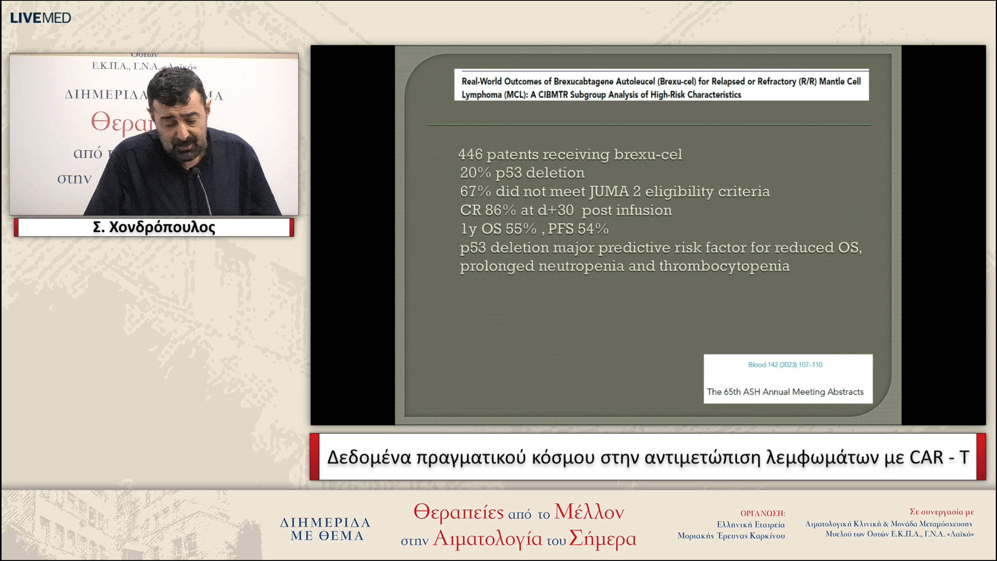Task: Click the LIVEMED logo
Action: [x=41, y=18]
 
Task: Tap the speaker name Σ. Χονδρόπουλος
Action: [x=154, y=227]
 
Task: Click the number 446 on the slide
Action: [x=470, y=155]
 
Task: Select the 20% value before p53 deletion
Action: [x=475, y=173]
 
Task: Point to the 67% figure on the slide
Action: [x=475, y=192]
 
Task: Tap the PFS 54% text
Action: [x=578, y=229]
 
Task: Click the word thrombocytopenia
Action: [x=724, y=266]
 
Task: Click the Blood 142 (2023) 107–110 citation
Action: [x=785, y=365]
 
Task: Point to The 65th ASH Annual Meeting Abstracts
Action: [x=785, y=392]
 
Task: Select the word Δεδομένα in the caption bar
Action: [x=369, y=457]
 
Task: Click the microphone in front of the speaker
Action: [x=197, y=173]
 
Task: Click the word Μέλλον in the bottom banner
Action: [x=589, y=512]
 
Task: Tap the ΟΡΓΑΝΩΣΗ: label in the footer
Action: [x=763, y=513]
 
